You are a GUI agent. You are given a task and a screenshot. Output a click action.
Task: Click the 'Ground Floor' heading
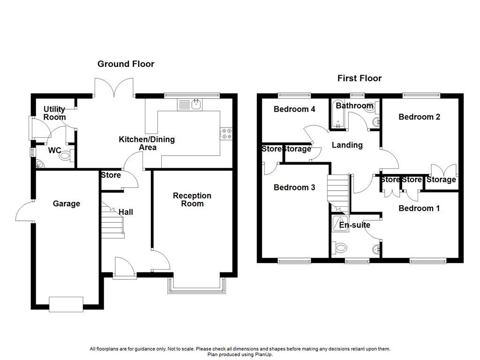126,64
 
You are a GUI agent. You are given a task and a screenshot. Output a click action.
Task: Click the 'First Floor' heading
360,78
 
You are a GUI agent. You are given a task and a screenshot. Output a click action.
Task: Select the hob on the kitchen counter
226,134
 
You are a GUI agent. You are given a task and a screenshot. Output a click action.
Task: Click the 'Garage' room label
66,203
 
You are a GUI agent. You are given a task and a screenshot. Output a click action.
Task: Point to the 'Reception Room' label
192,200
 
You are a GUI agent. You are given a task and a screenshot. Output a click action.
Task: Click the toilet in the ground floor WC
65,156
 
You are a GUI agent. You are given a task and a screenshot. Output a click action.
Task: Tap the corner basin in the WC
40,164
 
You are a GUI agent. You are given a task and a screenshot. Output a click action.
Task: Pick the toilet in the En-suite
338,247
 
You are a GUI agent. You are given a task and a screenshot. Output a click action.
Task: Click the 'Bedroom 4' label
294,109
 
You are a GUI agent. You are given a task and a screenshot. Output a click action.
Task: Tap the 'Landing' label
347,145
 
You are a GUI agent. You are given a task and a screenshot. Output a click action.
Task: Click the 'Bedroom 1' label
419,208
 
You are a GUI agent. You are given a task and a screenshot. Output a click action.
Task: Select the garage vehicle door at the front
66,304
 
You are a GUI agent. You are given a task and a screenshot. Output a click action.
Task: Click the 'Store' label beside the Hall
111,175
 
